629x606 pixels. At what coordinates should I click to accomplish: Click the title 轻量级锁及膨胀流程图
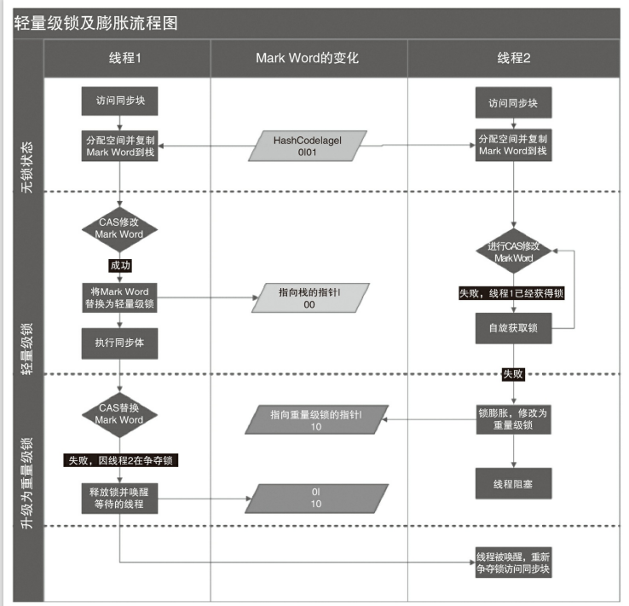point(95,23)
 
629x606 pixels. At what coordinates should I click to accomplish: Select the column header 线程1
point(124,59)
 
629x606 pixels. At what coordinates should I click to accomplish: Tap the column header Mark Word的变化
point(308,59)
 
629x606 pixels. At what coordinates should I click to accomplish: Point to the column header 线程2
point(514,59)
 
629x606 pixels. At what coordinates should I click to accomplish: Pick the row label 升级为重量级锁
point(26,482)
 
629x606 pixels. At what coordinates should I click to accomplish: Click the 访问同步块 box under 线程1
point(119,101)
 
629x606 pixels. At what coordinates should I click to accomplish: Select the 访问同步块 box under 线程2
point(512,103)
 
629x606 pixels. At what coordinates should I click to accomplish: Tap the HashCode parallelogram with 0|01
point(308,146)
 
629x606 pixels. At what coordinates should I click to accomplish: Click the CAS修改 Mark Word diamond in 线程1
point(119,228)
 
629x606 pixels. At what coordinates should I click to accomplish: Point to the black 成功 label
point(119,265)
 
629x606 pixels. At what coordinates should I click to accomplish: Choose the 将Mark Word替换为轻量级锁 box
point(119,298)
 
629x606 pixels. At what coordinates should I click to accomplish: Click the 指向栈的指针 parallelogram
point(309,297)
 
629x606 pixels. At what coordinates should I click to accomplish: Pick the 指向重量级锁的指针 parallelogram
point(316,419)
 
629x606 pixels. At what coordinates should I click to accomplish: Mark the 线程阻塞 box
point(512,483)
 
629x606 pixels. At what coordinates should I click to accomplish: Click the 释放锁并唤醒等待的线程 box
point(119,498)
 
